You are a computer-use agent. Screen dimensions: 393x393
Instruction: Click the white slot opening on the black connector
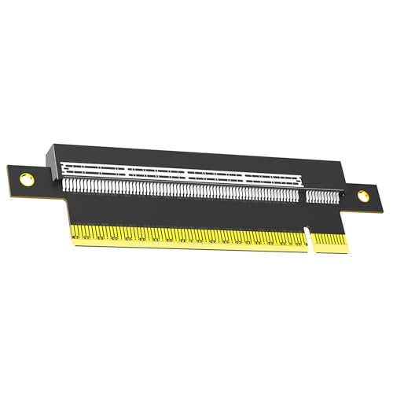pyautogui.click(x=181, y=171)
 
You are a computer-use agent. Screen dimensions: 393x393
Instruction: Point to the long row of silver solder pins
pyautogui.click(x=181, y=189)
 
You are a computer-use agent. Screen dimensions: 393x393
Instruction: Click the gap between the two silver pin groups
pyautogui.click(x=303, y=196)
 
